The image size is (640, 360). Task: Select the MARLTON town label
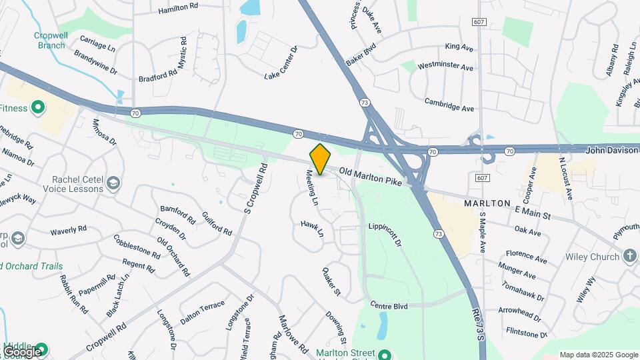488,203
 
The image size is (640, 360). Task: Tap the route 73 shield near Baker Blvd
364,102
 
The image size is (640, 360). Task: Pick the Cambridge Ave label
449,105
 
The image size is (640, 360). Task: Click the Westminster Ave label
445,67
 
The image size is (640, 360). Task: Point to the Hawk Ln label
311,229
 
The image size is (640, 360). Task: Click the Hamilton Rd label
179,9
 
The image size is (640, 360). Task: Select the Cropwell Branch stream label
51,41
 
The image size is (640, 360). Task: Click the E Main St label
533,213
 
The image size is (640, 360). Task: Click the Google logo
22,351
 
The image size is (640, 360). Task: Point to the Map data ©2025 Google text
598,355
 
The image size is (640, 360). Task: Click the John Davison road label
612,151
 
